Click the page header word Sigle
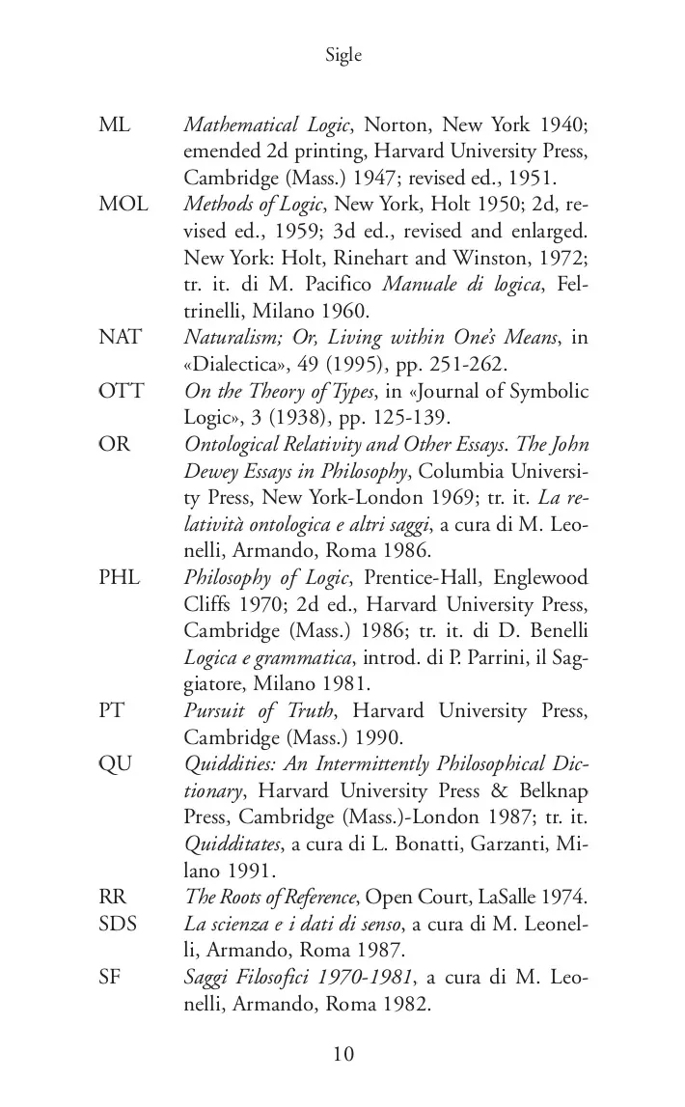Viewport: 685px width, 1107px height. pyautogui.click(x=343, y=56)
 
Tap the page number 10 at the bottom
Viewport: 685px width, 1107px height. pyautogui.click(x=343, y=1053)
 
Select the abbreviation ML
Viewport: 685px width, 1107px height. pyautogui.click(x=114, y=126)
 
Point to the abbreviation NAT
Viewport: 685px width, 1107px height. pyautogui.click(x=120, y=337)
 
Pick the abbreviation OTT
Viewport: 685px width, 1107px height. pyautogui.click(x=121, y=391)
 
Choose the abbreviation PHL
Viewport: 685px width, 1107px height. pyautogui.click(x=120, y=577)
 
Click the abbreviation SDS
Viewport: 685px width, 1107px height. pyautogui.click(x=118, y=924)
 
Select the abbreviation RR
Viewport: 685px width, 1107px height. pyautogui.click(x=113, y=897)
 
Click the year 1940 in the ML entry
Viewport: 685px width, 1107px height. pyautogui.click(x=564, y=126)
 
